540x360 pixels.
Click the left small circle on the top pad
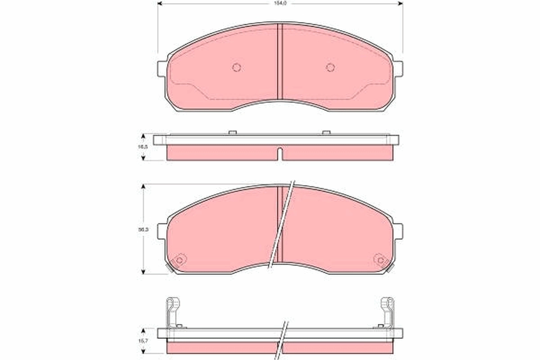(x=237, y=67)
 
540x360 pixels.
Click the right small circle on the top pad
(x=330, y=67)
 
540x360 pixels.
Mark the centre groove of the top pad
(x=279, y=61)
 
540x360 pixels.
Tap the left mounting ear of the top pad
(x=162, y=69)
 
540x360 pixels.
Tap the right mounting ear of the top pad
(x=398, y=69)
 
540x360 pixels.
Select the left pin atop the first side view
(x=233, y=132)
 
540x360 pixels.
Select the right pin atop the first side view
(x=326, y=132)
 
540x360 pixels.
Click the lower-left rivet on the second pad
(x=180, y=260)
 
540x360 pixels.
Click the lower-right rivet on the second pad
(x=380, y=260)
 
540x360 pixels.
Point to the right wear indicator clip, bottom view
(x=387, y=310)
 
